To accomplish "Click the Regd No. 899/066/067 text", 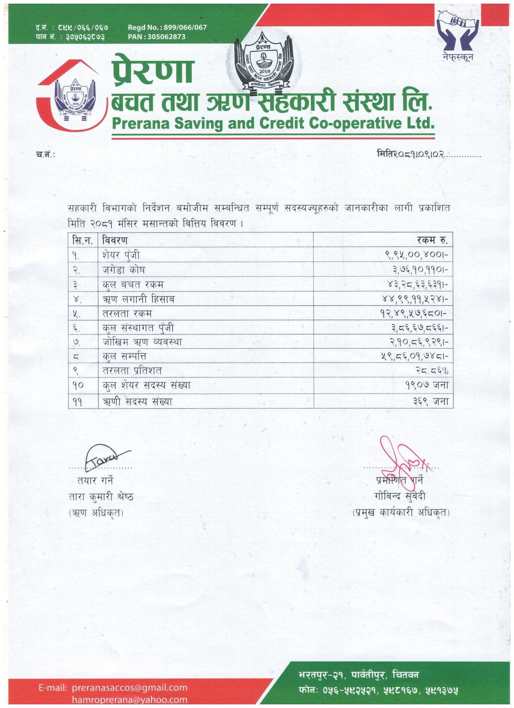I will (167, 27).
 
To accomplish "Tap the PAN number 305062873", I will (156, 37).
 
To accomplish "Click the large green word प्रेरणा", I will (152, 71).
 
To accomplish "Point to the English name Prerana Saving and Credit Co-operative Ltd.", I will (273, 123).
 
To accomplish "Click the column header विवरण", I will (115, 240).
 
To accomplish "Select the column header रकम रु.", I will (432, 240).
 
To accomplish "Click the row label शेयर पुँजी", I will (121, 255).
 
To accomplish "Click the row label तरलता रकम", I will (127, 313).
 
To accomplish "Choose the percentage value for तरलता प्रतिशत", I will (432, 371).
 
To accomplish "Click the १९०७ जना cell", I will (427, 385).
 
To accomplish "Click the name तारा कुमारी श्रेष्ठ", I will (101, 497).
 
